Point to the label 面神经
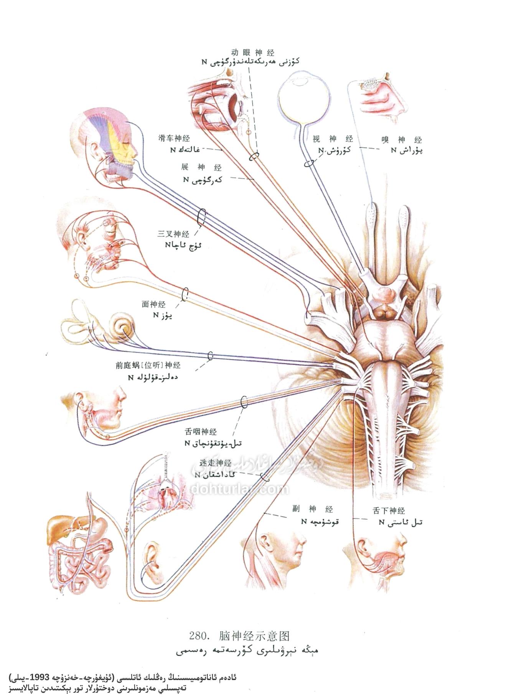click(153, 304)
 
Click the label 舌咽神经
click(201, 432)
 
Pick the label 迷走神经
click(216, 463)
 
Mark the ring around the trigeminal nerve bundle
click(202, 218)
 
